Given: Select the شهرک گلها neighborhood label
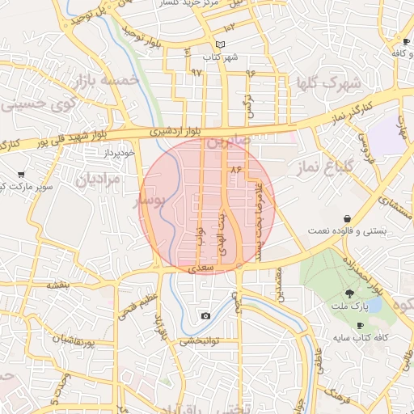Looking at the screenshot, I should [327, 83].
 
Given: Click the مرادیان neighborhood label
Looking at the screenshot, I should [98, 180].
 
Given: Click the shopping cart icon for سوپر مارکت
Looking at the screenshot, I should [20, 174].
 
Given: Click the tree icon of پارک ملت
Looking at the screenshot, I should [349, 294].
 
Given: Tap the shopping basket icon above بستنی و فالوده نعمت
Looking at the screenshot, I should [347, 218].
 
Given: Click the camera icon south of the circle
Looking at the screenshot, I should [205, 315].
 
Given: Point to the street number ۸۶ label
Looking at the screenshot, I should [236, 170].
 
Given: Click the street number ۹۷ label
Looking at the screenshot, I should [196, 72].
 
